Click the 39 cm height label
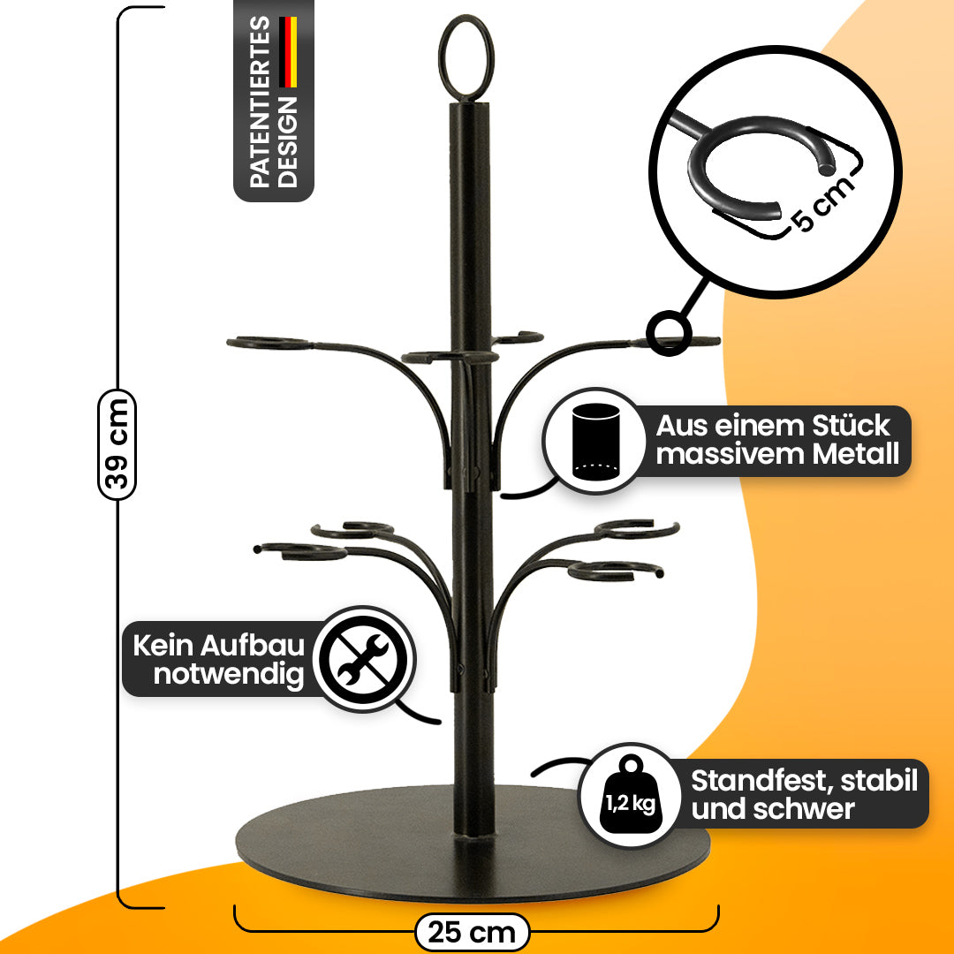tap(117, 443)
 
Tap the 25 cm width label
tap(471, 932)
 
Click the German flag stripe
tap(289, 53)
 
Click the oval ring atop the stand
tap(466, 58)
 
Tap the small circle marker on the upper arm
tap(669, 333)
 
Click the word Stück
tap(847, 426)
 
